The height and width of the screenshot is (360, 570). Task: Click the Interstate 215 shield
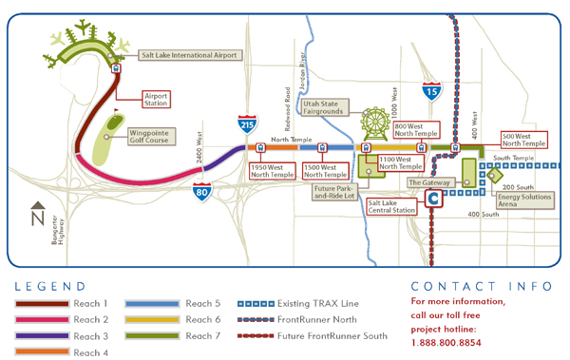click(x=245, y=123)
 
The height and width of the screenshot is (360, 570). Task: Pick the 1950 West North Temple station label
click(x=271, y=171)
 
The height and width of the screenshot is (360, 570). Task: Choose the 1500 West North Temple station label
click(x=324, y=171)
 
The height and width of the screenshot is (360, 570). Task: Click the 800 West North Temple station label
click(x=415, y=129)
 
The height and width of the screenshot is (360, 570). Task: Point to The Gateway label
click(x=427, y=181)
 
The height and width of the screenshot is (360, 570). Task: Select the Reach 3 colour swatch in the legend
click(x=48, y=335)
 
